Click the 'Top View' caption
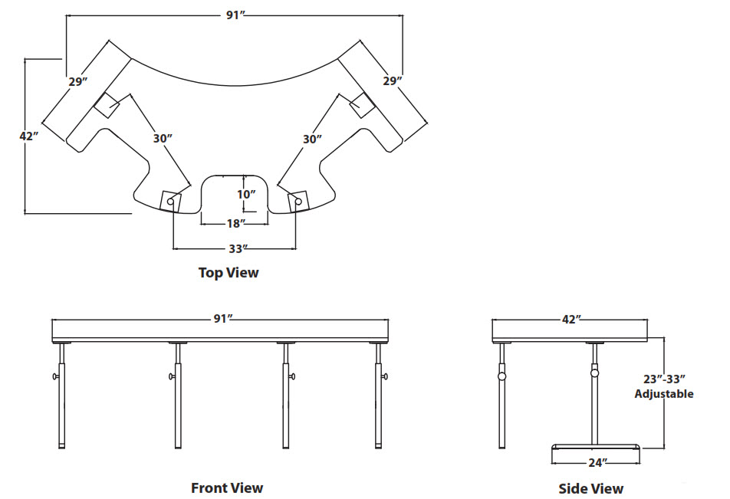point(229,272)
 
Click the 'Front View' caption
point(227,488)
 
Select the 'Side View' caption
point(590,488)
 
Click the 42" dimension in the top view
point(28,136)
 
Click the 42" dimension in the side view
point(571,319)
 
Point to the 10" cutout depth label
point(245,194)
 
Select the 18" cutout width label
point(235,223)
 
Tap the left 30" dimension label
point(162,139)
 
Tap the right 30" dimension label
point(311,139)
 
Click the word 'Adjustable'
point(663,393)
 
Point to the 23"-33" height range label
point(663,379)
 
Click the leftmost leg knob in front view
point(56,376)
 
